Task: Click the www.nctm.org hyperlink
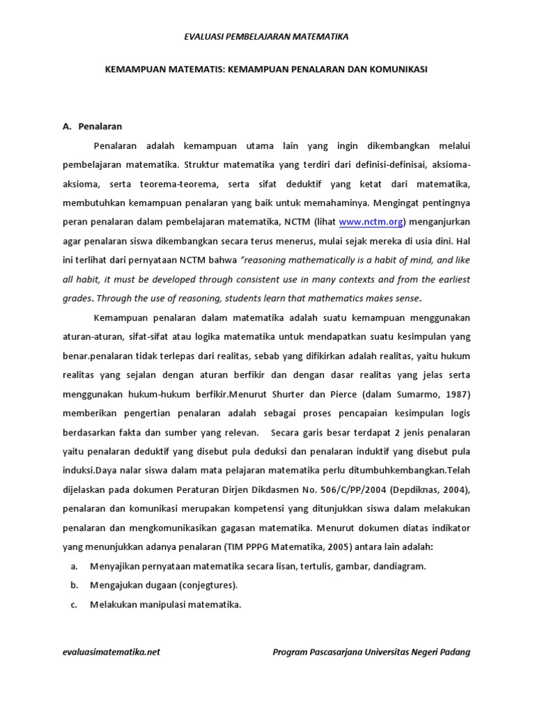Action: tap(371, 223)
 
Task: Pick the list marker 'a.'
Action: tap(74, 566)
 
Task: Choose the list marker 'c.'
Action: tap(74, 604)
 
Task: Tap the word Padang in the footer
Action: tap(454, 652)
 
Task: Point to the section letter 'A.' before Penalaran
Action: tap(67, 127)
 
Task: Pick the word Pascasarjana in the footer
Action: tap(338, 652)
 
